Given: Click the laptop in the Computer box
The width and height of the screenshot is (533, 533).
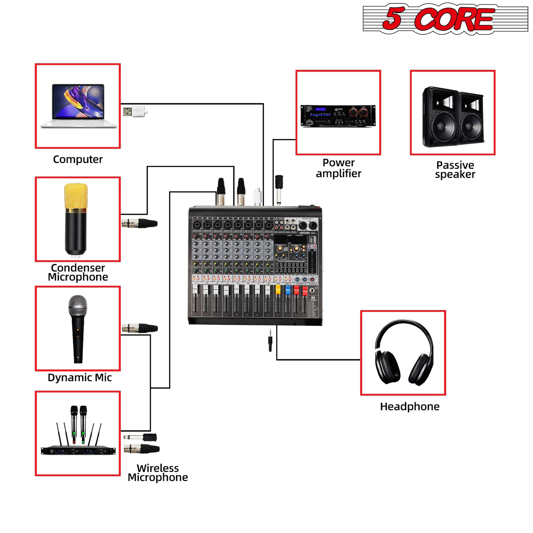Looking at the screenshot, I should [x=78, y=106].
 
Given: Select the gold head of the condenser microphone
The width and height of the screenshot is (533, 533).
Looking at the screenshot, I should [x=76, y=196].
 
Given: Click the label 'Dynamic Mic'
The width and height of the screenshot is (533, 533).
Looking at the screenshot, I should [x=79, y=377].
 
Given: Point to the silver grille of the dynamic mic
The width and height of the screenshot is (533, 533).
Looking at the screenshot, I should [x=78, y=306].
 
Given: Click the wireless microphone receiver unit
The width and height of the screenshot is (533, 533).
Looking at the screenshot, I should [x=78, y=450].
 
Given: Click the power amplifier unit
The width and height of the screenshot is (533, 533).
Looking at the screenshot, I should [x=338, y=116].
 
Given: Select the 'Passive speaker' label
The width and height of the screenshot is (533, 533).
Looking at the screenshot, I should [x=455, y=170].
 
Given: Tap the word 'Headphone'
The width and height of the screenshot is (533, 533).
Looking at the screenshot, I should [x=410, y=406].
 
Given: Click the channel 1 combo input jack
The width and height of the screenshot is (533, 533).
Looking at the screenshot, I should [x=197, y=225].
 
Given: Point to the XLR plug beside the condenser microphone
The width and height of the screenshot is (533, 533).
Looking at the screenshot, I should [x=139, y=223].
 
